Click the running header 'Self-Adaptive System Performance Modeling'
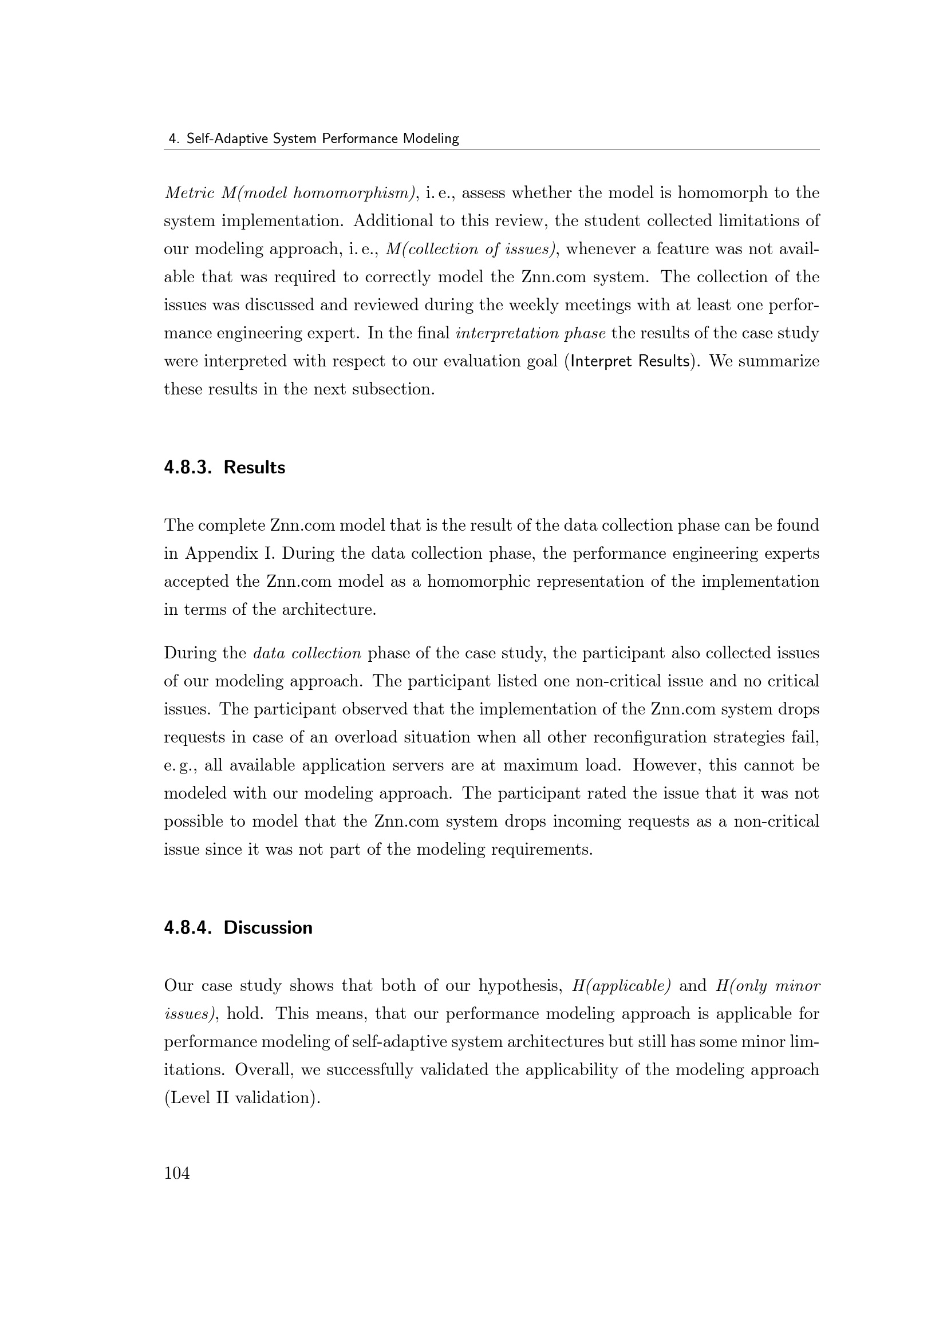coord(322,139)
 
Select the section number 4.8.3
coord(187,468)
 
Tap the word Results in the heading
coord(254,468)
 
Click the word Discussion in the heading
coord(267,928)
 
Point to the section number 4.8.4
coord(187,928)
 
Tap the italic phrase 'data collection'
coord(307,653)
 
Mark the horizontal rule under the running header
coord(492,149)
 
